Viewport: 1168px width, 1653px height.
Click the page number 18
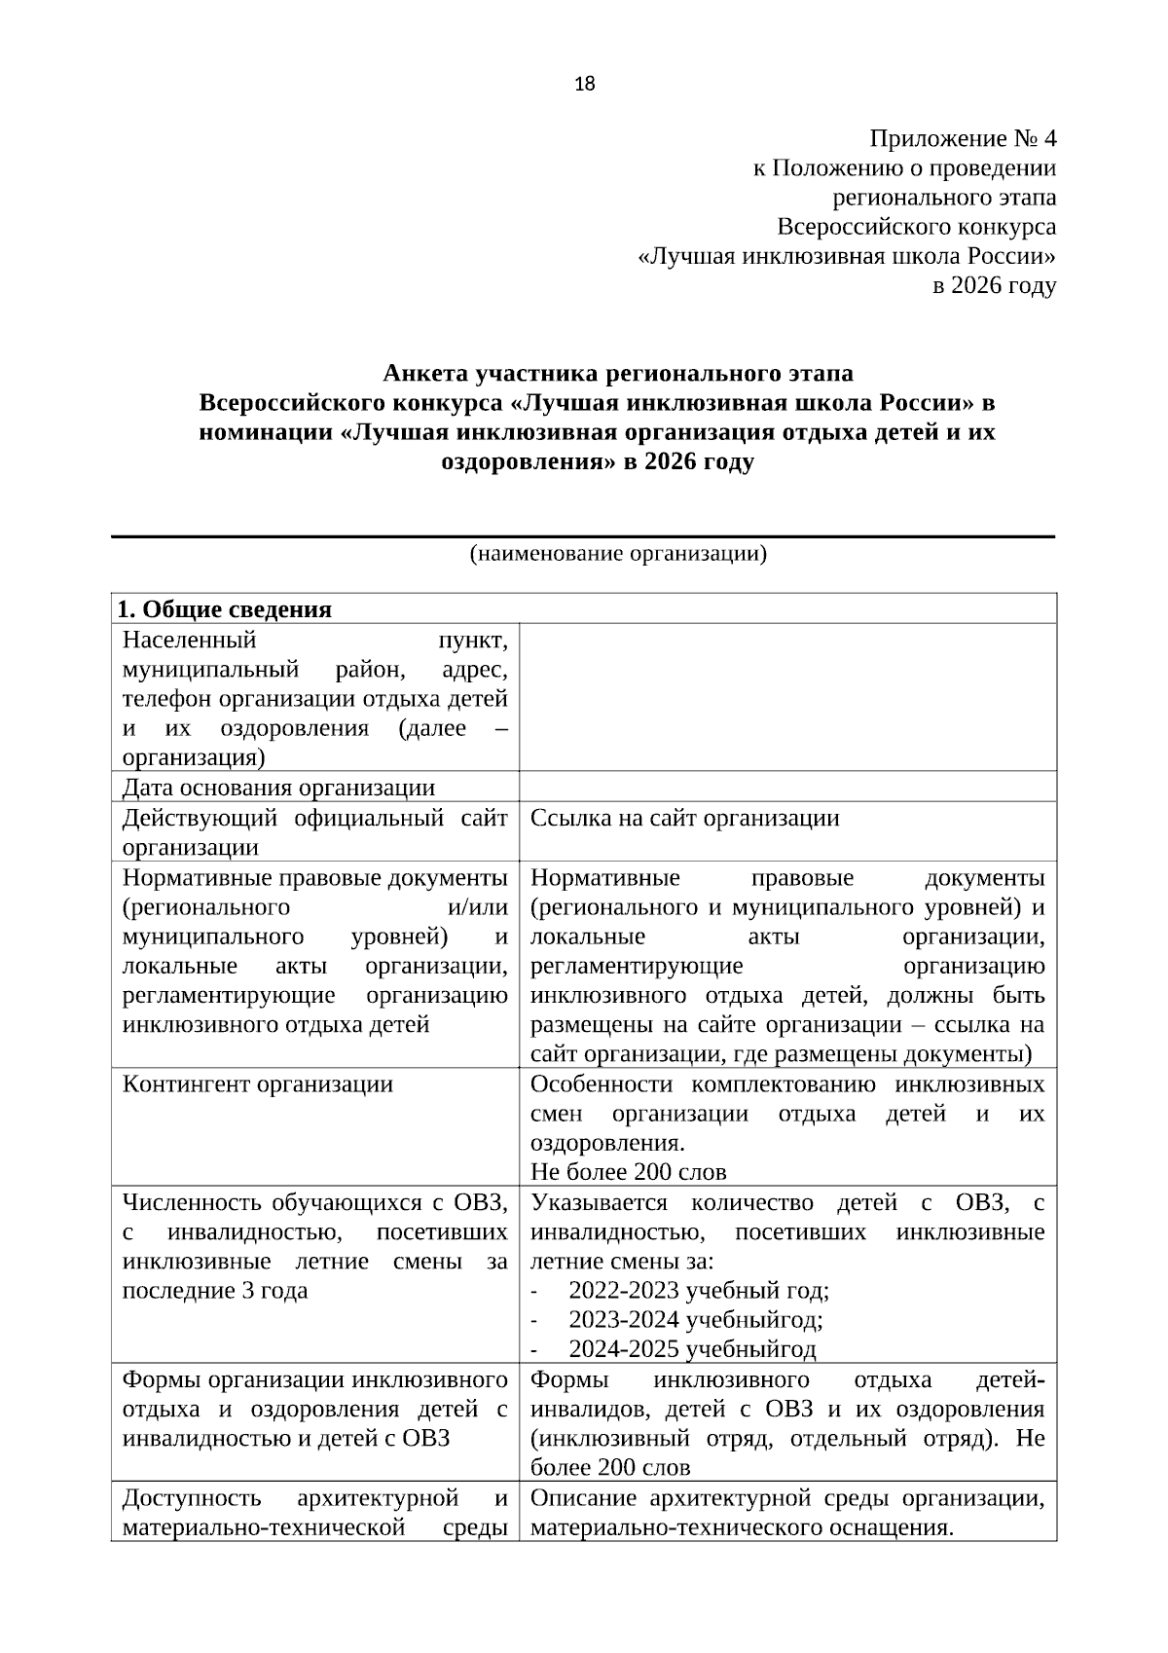point(585,84)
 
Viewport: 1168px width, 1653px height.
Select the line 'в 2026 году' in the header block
point(994,286)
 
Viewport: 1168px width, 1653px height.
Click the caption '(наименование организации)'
point(618,555)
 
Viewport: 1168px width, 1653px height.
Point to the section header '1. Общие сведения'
point(225,609)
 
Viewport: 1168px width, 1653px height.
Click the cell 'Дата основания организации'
point(279,788)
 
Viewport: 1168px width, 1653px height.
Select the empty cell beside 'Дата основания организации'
point(787,787)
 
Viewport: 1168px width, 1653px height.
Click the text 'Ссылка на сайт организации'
point(684,818)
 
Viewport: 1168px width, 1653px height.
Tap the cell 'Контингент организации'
point(258,1084)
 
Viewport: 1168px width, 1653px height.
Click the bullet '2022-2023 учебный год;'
point(698,1291)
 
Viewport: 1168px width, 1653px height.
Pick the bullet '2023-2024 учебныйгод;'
point(695,1320)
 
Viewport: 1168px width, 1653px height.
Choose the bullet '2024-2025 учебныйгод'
point(692,1349)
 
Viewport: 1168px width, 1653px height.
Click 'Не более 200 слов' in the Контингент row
point(629,1172)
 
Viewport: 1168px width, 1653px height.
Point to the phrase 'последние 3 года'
point(215,1291)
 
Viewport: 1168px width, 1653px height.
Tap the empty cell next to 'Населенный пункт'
point(787,697)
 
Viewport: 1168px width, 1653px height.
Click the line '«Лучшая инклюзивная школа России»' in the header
point(846,257)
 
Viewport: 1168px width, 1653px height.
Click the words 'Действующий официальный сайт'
point(314,818)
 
